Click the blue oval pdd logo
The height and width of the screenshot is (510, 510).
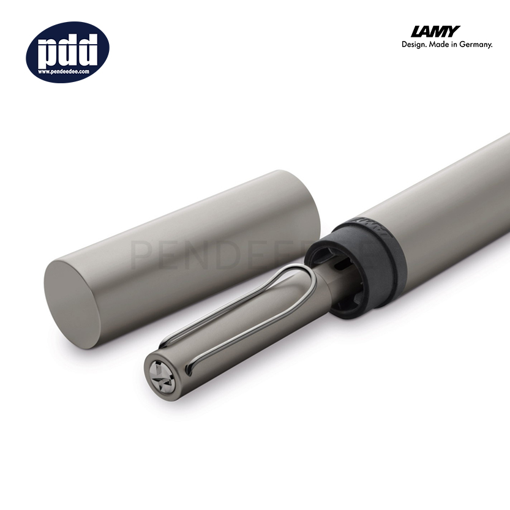[67, 52]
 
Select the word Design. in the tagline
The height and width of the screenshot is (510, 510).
[415, 45]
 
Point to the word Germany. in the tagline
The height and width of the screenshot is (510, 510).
[476, 45]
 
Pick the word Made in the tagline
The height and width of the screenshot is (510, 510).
[441, 45]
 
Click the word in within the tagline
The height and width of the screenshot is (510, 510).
[457, 45]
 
